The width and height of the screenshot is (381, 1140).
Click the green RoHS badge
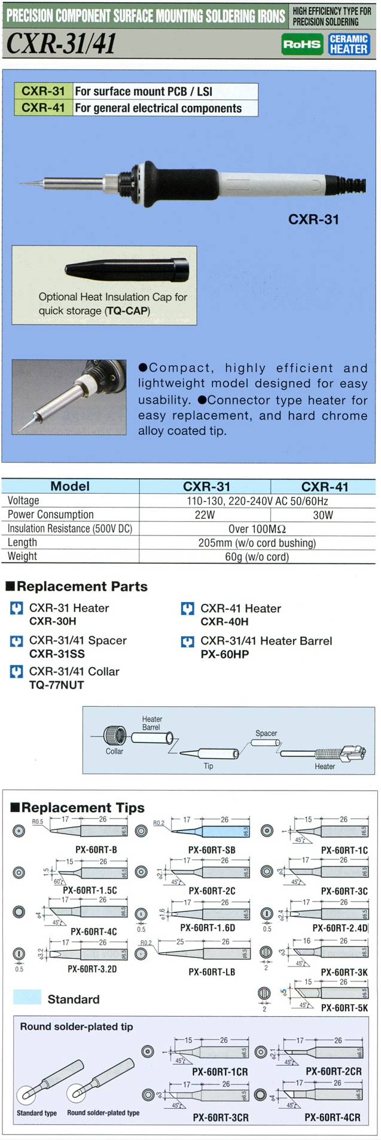click(302, 44)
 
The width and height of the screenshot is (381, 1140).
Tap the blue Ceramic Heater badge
click(349, 44)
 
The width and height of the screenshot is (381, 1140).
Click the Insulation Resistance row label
click(69, 529)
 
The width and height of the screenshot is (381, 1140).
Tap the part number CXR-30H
click(53, 622)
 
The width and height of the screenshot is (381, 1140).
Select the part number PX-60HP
click(224, 655)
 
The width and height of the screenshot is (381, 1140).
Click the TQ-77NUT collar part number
click(56, 685)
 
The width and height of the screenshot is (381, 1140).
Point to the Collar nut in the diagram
click(114, 735)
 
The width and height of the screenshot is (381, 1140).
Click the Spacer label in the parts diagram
click(266, 733)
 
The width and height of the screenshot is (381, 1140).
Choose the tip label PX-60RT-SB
click(211, 850)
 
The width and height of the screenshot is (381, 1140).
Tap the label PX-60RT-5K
click(344, 1008)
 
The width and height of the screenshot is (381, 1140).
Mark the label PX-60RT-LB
click(211, 972)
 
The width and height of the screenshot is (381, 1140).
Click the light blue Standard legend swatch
click(27, 997)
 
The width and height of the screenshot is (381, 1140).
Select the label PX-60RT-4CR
click(333, 1117)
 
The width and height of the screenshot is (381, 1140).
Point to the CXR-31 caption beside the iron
click(313, 220)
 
